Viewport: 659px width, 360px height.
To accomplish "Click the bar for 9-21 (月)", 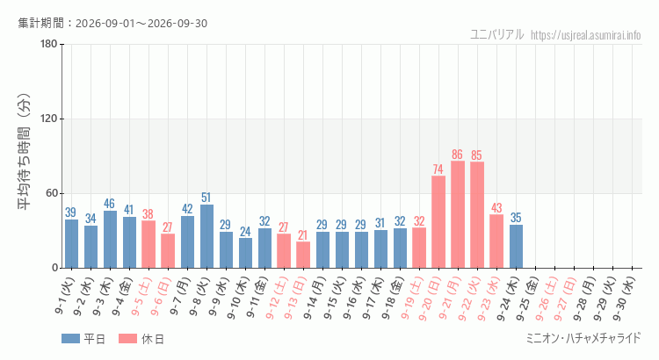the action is point(458,214).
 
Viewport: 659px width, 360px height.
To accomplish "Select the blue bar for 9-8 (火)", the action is point(206,236).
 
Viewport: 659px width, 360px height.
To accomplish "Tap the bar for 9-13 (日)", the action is point(303,255).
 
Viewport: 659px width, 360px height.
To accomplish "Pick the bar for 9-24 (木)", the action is point(516,246).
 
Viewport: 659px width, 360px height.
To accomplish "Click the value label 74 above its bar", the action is point(438,169).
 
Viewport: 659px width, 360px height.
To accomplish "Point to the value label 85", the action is point(476,155).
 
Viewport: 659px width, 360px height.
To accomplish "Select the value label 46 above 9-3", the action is point(109,205).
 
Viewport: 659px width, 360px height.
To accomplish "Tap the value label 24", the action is point(245,232).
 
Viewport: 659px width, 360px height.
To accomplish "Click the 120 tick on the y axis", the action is point(49,119).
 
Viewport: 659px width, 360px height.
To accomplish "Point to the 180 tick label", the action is point(49,44).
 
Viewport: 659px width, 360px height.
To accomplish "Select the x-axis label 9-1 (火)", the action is point(65,296).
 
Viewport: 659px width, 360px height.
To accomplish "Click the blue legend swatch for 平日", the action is point(70,339).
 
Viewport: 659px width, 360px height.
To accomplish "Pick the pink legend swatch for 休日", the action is point(127,339).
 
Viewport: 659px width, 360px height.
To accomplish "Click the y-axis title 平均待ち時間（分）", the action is point(24,152).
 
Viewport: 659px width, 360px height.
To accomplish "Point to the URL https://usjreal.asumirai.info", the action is point(586,35).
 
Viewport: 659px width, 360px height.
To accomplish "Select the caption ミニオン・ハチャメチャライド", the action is point(583,338).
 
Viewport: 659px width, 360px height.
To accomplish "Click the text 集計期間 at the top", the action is point(41,23).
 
